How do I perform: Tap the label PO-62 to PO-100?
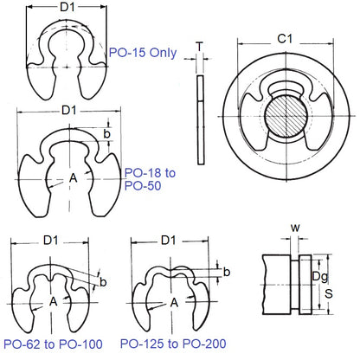[x=53, y=344]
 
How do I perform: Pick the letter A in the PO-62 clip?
[x=54, y=302]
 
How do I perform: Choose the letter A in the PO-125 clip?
[x=175, y=302]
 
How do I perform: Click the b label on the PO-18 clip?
[x=106, y=135]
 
